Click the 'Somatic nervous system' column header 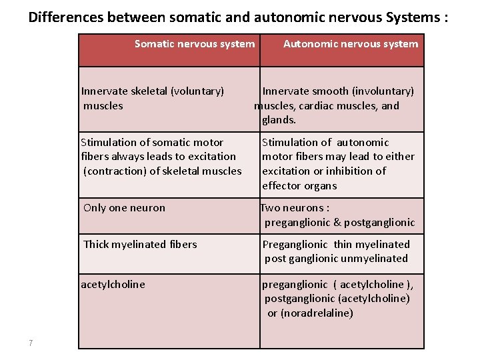(194, 44)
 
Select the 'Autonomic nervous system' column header (351, 44)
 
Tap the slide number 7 (31, 343)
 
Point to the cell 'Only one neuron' (124, 207)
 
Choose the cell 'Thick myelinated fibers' (140, 244)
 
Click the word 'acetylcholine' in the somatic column (113, 285)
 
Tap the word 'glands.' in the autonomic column (279, 120)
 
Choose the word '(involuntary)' (383, 91)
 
